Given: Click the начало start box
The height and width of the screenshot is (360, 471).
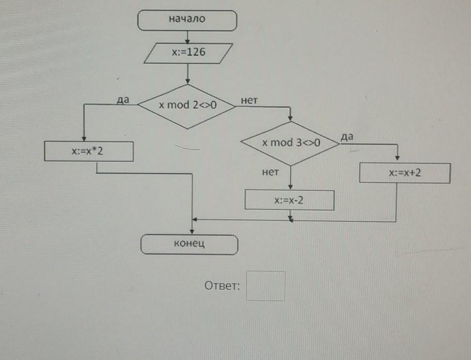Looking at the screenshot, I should coord(187,21).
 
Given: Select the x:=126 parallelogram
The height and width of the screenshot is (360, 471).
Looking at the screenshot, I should coord(188,53).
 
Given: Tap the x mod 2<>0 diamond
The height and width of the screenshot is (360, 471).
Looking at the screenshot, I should coord(187,106).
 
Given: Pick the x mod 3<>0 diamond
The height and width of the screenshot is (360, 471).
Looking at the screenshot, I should coord(291,143).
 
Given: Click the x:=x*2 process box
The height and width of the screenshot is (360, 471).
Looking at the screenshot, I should coord(88,152).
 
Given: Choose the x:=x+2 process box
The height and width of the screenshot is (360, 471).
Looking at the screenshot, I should coord(405,173).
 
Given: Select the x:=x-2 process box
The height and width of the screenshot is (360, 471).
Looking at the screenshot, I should coord(289,200).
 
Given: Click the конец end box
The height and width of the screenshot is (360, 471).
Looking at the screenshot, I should coord(189,244).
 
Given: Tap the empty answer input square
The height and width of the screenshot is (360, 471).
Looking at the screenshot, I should coord(265,286).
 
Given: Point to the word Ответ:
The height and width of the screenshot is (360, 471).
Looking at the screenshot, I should coord(222,286).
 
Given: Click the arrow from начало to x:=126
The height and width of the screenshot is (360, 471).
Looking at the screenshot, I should coord(187,37).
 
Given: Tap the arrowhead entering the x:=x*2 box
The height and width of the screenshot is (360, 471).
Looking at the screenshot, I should coord(84,139).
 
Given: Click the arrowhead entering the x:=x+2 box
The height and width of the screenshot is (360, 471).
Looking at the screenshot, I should coord(397,160).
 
